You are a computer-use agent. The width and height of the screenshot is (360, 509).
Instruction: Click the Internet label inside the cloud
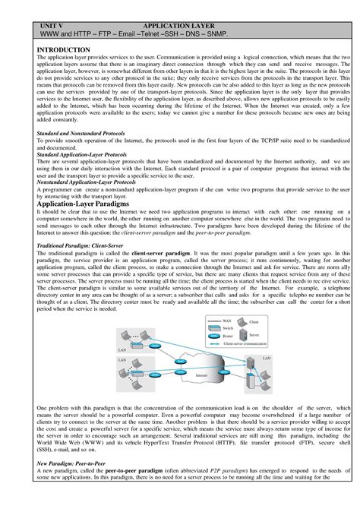(201, 375)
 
